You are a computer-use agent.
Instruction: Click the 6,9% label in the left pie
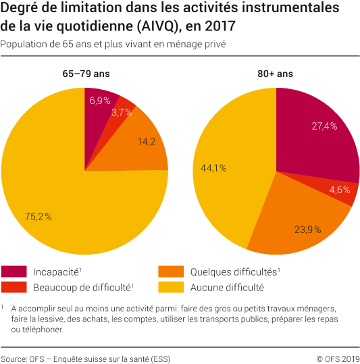point(100,101)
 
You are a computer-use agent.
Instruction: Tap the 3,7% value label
point(122,113)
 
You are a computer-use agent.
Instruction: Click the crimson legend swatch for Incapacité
point(14,272)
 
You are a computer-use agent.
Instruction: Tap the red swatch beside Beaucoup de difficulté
point(14,287)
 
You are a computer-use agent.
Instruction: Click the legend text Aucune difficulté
point(227,287)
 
